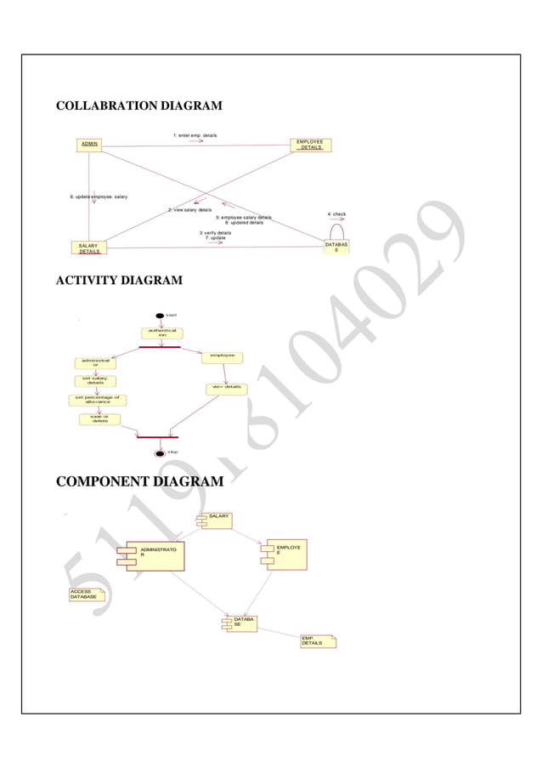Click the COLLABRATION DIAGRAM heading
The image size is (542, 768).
coord(138,106)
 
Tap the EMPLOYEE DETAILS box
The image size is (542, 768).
coord(310,145)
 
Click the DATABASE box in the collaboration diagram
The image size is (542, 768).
coord(336,247)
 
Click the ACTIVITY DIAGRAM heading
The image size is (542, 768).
coord(118,281)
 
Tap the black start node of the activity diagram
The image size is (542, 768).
coord(160,316)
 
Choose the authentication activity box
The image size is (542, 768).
coord(160,333)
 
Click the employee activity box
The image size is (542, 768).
coord(223,357)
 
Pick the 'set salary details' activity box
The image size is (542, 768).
coord(95,381)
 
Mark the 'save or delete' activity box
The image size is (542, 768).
coord(100,418)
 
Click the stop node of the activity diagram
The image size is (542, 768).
coord(159,452)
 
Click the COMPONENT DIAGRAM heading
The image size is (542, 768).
coord(139,482)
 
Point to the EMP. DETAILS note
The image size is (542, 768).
coord(318,640)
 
